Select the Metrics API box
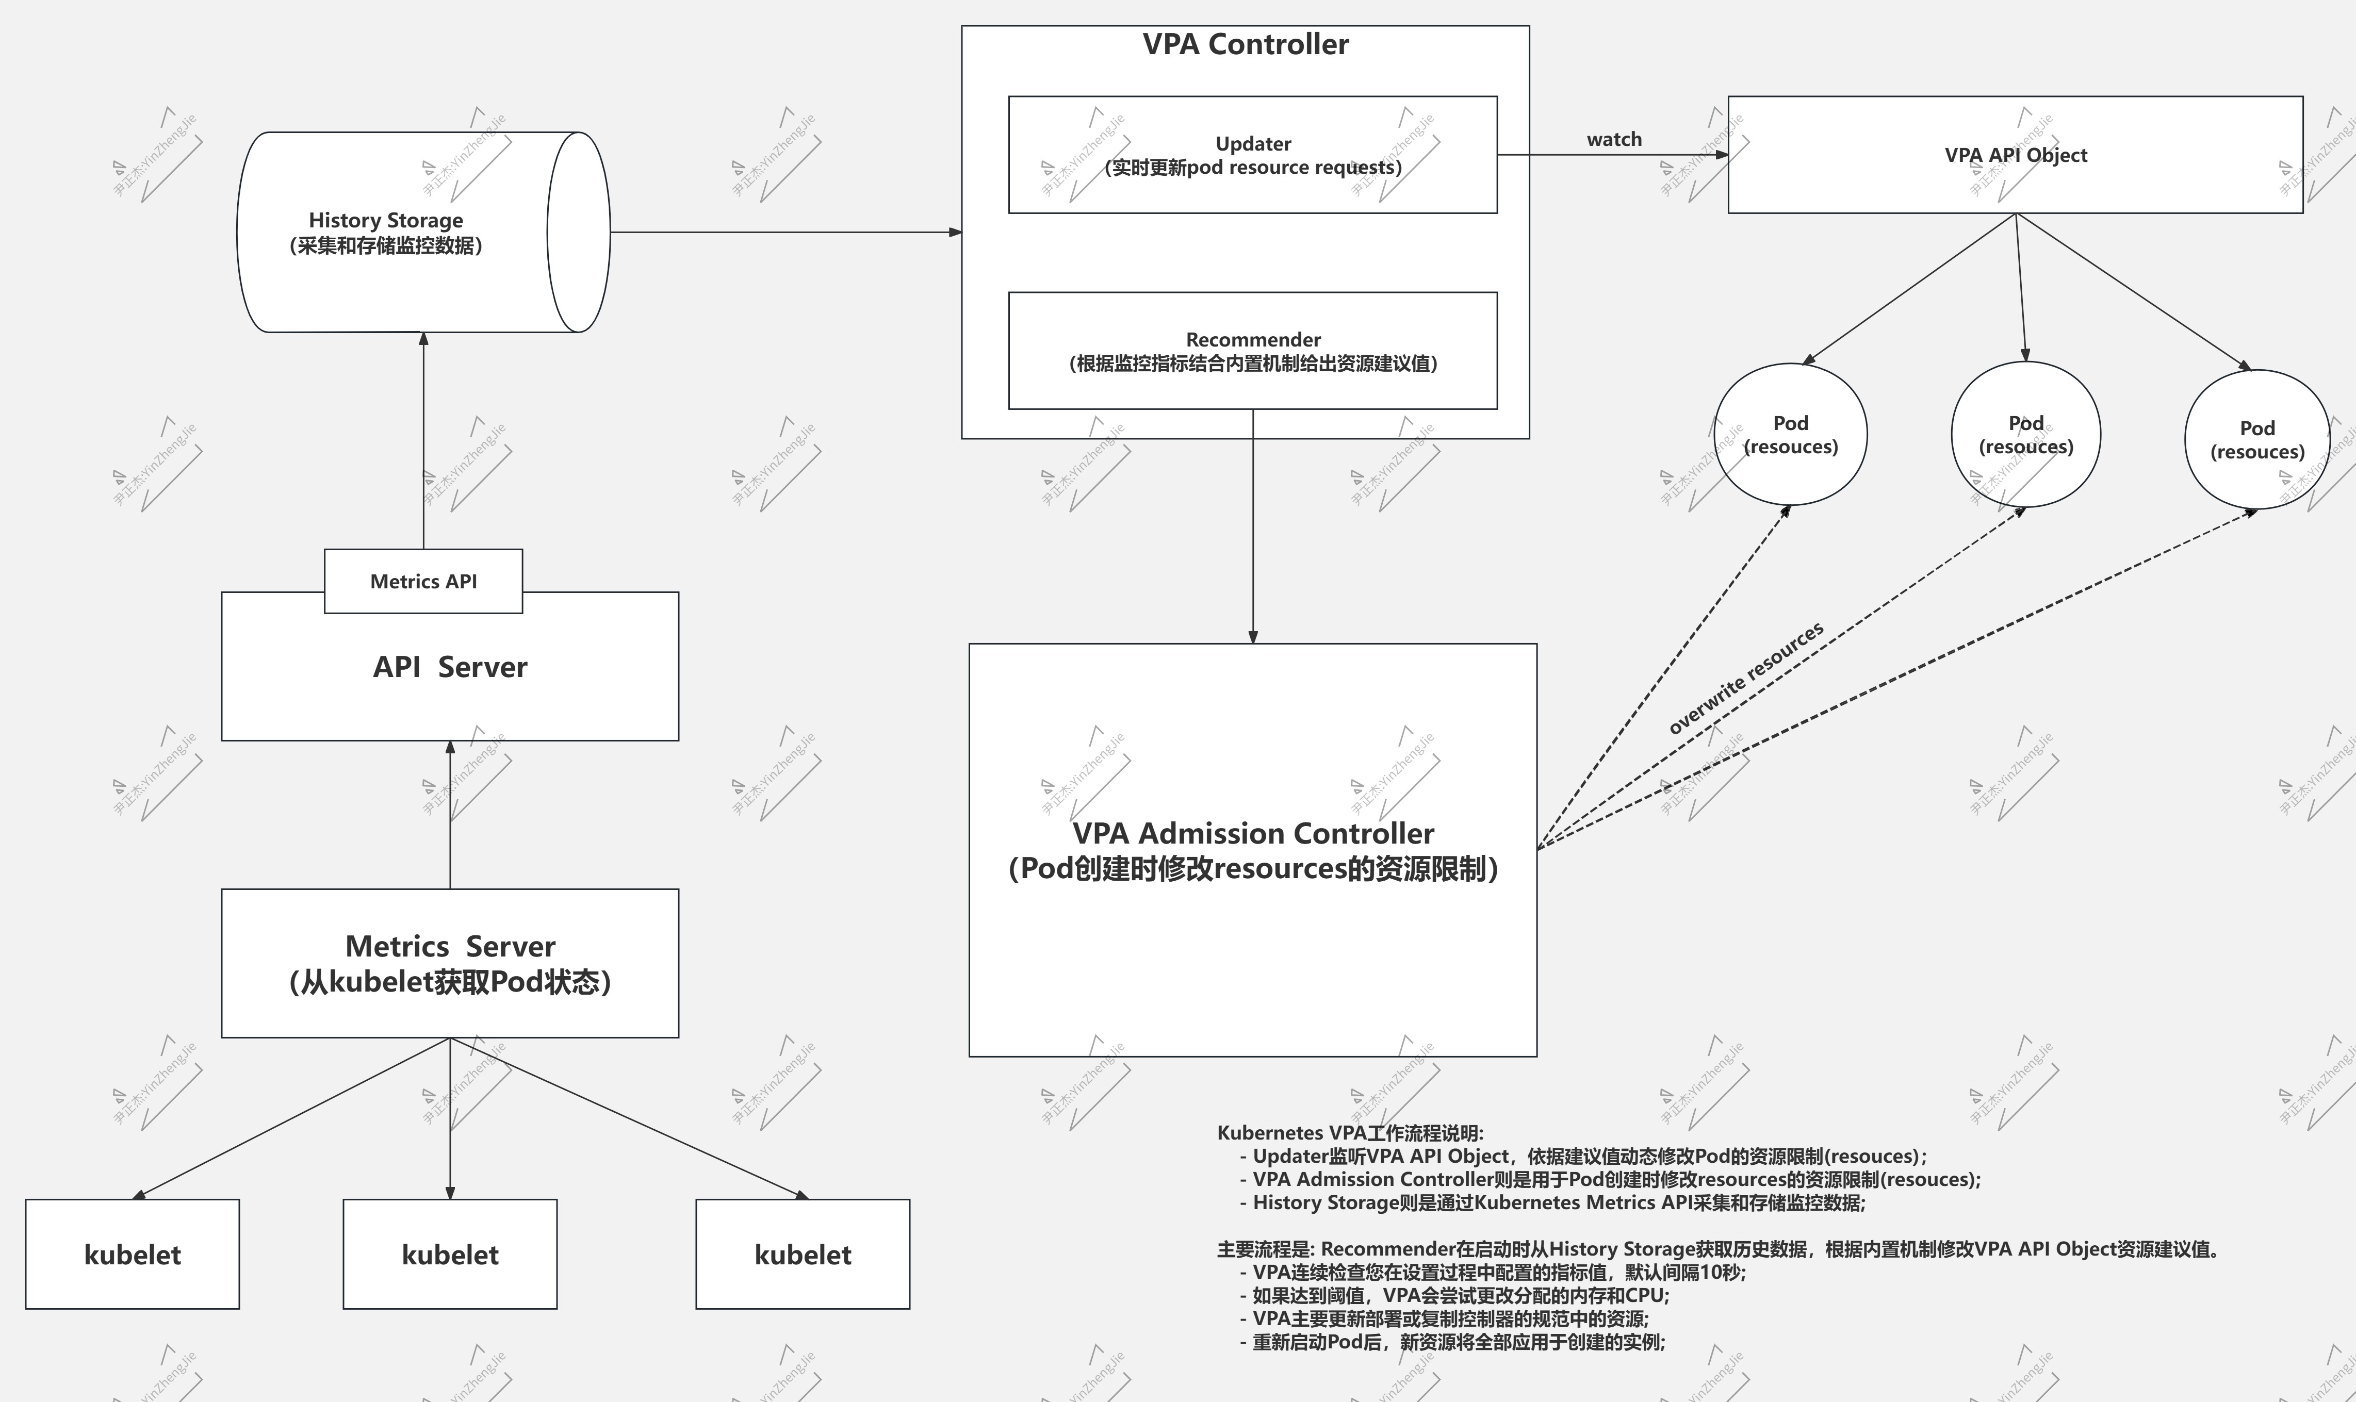tap(423, 581)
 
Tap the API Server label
tap(450, 667)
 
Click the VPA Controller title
tap(1245, 44)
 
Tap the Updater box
tap(1253, 155)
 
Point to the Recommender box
tap(1253, 351)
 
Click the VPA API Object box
tap(2015, 155)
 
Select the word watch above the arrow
tap(1613, 140)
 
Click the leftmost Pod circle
tap(1790, 435)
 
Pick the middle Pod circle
tap(2025, 435)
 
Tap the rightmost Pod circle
tap(2257, 439)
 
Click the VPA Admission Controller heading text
tap(1253, 833)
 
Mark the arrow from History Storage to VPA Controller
tap(784, 232)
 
